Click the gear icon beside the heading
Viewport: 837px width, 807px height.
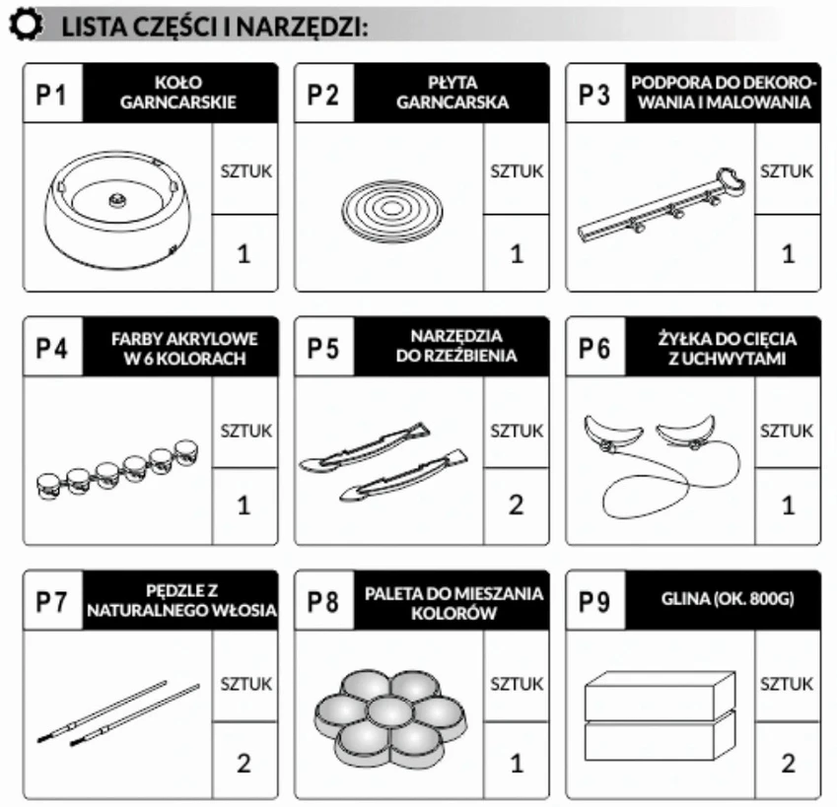coord(25,24)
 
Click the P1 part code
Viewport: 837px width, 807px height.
coord(51,95)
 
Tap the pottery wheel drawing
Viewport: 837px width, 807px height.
coord(117,209)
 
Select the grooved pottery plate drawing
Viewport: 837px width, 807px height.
coord(391,211)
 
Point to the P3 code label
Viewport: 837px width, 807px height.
coord(594,95)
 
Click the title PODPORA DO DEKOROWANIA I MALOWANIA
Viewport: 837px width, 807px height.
coord(724,93)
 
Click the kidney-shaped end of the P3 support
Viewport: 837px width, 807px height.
coord(731,179)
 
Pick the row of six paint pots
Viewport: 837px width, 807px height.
coord(117,469)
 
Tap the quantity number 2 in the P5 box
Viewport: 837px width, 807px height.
coord(517,505)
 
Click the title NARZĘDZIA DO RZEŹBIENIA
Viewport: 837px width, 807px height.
coord(456,346)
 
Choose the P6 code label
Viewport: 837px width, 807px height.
coord(594,348)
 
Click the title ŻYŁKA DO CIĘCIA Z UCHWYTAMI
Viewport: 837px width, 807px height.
coord(727,348)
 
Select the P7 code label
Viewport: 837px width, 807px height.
coord(51,602)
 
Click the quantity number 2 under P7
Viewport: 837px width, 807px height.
coord(244,764)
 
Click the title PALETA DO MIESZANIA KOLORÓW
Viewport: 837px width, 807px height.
coord(453,603)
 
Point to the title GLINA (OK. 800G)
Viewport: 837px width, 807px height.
coord(728,599)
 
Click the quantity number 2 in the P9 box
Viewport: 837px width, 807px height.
coord(789,764)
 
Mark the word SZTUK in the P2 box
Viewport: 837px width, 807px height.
coord(517,171)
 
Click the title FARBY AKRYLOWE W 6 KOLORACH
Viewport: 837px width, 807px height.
coord(184,348)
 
